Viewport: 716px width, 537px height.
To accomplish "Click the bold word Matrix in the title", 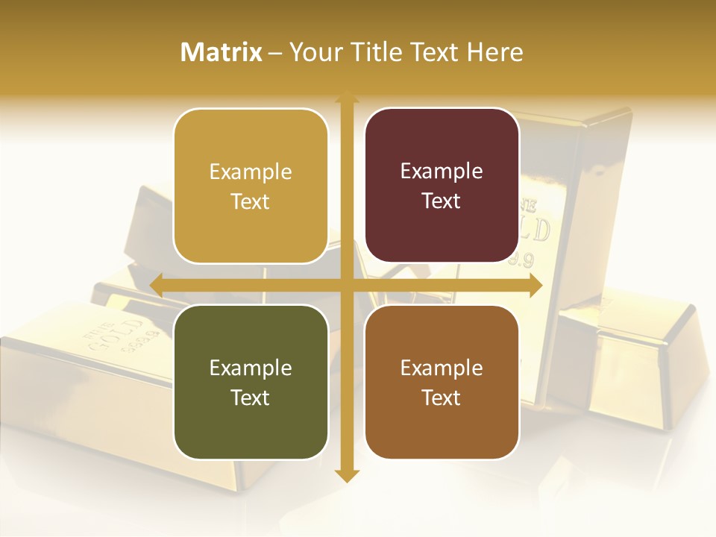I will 222,52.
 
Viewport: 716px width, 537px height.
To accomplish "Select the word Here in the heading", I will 495,52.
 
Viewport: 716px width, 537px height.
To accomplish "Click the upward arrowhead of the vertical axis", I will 346,98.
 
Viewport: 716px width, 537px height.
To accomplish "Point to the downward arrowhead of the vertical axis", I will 346,475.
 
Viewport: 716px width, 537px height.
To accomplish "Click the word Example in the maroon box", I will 442,171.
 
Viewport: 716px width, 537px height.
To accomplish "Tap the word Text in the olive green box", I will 251,398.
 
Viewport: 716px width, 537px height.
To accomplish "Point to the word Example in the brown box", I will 442,368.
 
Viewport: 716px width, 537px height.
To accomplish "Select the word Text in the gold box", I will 251,201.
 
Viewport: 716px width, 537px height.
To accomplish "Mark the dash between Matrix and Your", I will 276,53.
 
